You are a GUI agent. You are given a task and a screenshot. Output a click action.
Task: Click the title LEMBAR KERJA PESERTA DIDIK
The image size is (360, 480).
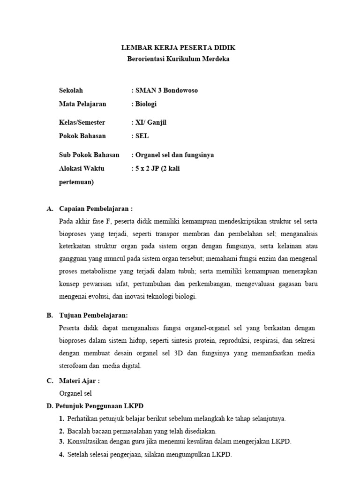pos(179,48)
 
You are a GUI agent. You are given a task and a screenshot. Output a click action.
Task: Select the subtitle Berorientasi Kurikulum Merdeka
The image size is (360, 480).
pos(179,59)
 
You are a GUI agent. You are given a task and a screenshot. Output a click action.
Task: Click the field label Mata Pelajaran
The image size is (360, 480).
pos(82,104)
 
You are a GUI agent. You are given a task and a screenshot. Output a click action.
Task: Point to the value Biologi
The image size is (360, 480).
pos(146,104)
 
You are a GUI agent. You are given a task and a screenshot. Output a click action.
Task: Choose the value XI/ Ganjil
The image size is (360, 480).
pos(150,123)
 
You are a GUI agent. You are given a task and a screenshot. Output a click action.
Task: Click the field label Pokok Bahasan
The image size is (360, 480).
pos(82,136)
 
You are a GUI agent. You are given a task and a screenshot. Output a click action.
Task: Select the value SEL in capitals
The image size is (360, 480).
pos(142,136)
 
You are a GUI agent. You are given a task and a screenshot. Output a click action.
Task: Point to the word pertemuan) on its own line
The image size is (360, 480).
pos(76,182)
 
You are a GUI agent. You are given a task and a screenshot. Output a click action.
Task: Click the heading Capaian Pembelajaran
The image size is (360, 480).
pos(96,209)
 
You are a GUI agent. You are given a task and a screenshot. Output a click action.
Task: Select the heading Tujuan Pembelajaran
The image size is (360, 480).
pos(93,315)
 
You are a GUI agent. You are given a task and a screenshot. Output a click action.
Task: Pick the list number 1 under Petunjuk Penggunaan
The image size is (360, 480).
pos(61,419)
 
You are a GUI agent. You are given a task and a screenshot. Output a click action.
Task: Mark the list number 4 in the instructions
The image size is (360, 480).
pos(61,455)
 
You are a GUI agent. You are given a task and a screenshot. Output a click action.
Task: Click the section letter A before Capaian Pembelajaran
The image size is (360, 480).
pos(49,209)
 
